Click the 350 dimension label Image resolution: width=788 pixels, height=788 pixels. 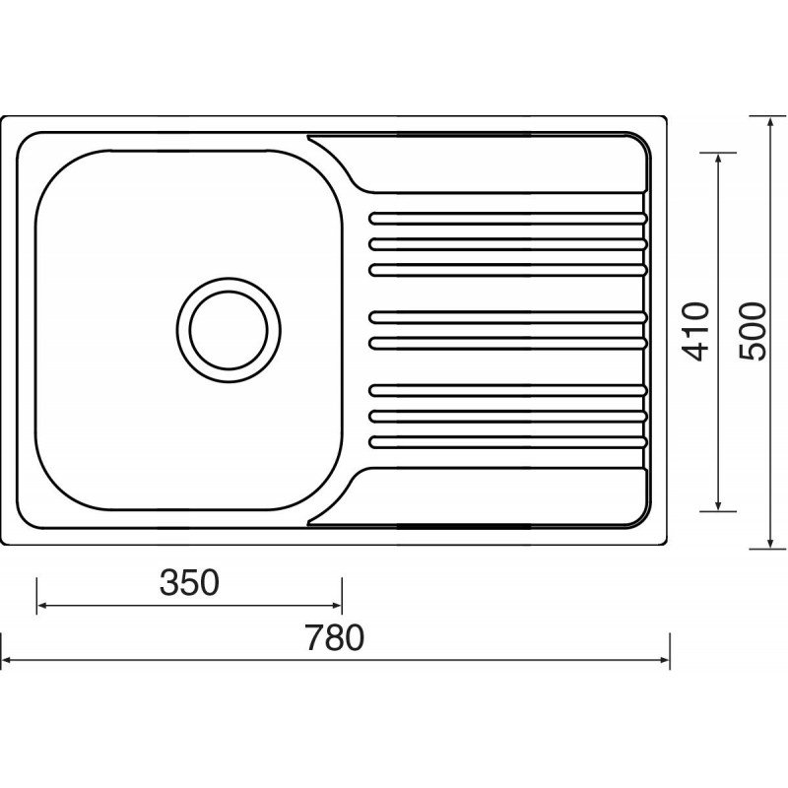(189, 583)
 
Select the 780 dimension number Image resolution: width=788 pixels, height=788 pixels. (334, 637)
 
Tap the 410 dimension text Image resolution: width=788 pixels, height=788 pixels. (696, 332)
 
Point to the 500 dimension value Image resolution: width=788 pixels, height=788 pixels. (753, 331)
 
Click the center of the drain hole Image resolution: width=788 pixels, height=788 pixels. (229, 330)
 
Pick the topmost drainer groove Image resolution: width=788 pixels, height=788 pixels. (508, 219)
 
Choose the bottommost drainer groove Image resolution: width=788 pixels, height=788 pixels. (508, 442)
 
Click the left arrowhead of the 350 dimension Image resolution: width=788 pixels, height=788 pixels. (42, 606)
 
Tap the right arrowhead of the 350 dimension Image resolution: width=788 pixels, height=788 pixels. (337, 606)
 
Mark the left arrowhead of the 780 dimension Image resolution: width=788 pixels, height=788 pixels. (7, 660)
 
